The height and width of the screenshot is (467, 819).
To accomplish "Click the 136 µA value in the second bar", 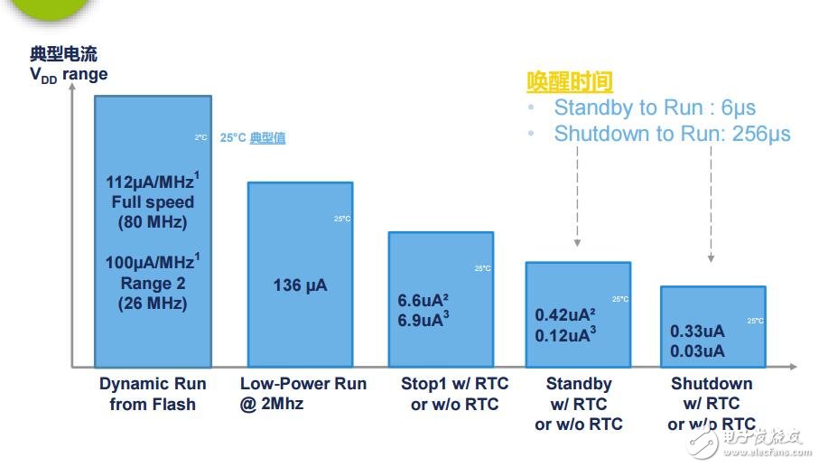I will click(x=300, y=285).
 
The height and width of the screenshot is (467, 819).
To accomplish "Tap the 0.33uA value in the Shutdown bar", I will click(x=696, y=331).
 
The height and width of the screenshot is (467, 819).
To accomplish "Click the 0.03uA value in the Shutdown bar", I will click(x=696, y=350).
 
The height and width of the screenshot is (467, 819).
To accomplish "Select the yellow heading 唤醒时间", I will click(x=570, y=82).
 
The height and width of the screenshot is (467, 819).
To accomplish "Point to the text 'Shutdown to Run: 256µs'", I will click(x=672, y=134).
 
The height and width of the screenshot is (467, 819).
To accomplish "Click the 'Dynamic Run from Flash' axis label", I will click(x=153, y=394).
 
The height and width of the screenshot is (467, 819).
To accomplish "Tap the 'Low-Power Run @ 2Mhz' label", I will click(x=303, y=394).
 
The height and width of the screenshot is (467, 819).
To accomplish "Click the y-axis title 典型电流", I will click(x=63, y=54).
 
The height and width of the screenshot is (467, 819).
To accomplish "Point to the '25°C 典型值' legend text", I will click(x=253, y=138).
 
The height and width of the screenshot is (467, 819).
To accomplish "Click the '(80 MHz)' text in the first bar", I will click(x=152, y=222).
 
